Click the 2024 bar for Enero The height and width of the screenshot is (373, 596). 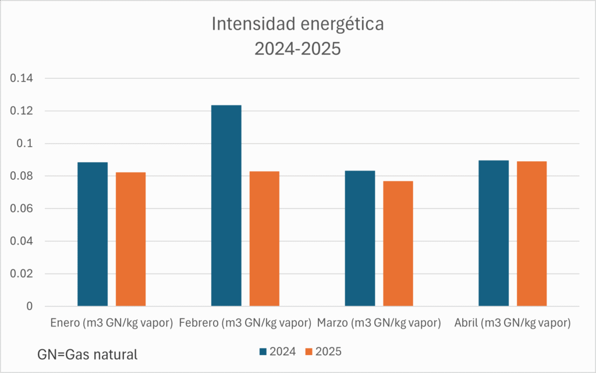click(x=93, y=234)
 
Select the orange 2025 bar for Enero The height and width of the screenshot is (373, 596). click(x=130, y=239)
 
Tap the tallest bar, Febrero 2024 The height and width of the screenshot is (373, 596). click(x=226, y=205)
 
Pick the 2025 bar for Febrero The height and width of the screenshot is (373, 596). click(x=264, y=239)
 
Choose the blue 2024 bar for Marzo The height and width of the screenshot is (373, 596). click(x=360, y=238)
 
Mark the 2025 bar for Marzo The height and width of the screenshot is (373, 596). click(x=398, y=243)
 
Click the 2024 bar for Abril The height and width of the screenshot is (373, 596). click(x=494, y=233)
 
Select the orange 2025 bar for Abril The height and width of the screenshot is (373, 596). click(x=531, y=233)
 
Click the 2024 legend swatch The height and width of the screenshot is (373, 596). click(x=263, y=351)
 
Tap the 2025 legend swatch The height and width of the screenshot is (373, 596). click(x=309, y=351)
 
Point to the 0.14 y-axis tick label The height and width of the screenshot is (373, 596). click(x=22, y=79)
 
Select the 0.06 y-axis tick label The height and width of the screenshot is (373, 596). click(x=22, y=209)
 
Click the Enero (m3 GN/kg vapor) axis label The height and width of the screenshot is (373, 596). click(x=111, y=322)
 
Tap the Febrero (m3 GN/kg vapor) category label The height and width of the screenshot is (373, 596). click(x=245, y=322)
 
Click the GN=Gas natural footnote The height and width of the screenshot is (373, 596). click(x=87, y=354)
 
